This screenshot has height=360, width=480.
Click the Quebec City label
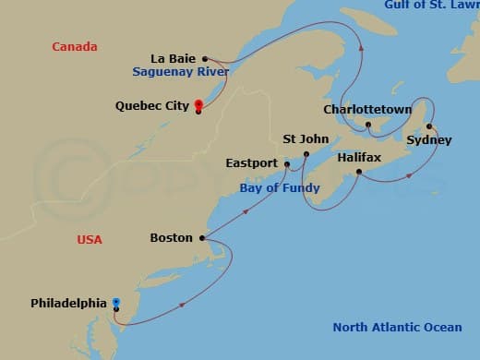click(x=152, y=105)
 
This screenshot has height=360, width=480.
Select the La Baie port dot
click(x=205, y=57)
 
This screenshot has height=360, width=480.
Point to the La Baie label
click(x=182, y=57)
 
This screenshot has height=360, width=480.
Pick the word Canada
click(x=75, y=46)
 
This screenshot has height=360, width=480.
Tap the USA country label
click(x=90, y=240)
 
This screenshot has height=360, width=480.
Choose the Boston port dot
click(x=201, y=237)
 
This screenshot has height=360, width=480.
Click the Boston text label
click(x=172, y=238)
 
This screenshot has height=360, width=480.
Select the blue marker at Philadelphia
click(x=116, y=302)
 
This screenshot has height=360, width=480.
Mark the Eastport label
click(x=251, y=163)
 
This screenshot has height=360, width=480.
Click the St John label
click(x=306, y=139)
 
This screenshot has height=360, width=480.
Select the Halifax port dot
click(x=357, y=171)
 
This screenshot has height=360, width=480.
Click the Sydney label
click(x=429, y=140)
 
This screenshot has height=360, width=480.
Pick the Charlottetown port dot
click(x=367, y=125)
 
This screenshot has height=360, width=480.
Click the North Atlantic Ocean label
click(x=398, y=327)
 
